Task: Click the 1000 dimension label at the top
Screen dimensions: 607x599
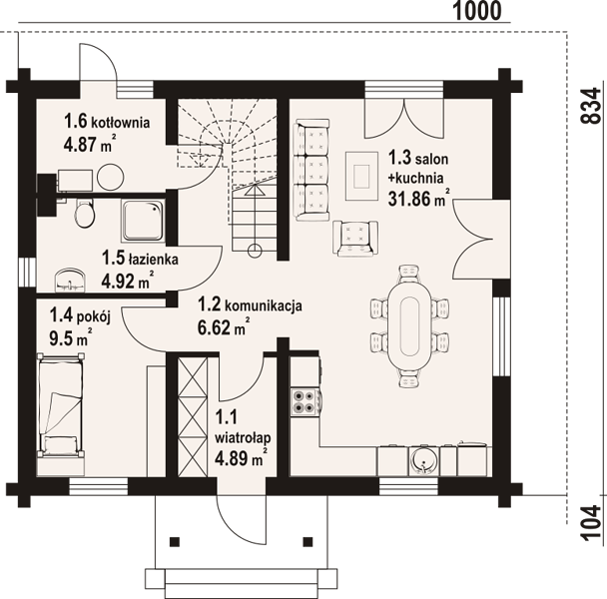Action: pyautogui.click(x=477, y=11)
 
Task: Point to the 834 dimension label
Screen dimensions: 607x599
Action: pyautogui.click(x=592, y=106)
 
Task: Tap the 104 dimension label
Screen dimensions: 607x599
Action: pyautogui.click(x=592, y=522)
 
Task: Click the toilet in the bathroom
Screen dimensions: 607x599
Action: pyautogui.click(x=84, y=213)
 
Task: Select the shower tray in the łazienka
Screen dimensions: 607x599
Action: pyautogui.click(x=144, y=221)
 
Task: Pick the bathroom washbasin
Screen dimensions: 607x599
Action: pyautogui.click(x=70, y=280)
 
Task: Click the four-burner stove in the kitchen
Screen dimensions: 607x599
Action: pyautogui.click(x=305, y=402)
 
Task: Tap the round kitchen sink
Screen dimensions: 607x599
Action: pyautogui.click(x=424, y=461)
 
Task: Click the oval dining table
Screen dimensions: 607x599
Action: pyautogui.click(x=410, y=326)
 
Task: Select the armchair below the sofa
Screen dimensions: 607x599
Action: pyautogui.click(x=355, y=239)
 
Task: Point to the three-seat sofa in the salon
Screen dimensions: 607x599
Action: pyautogui.click(x=312, y=170)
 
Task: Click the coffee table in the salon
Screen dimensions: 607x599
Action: pyautogui.click(x=362, y=176)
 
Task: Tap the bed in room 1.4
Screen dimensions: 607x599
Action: pyautogui.click(x=60, y=405)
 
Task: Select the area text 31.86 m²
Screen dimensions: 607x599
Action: pyautogui.click(x=419, y=199)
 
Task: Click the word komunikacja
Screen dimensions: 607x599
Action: pyautogui.click(x=263, y=306)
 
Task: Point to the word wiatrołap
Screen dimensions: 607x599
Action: pyautogui.click(x=243, y=438)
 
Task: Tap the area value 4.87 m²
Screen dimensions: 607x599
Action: pyautogui.click(x=90, y=144)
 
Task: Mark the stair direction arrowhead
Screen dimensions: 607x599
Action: pyautogui.click(x=255, y=190)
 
